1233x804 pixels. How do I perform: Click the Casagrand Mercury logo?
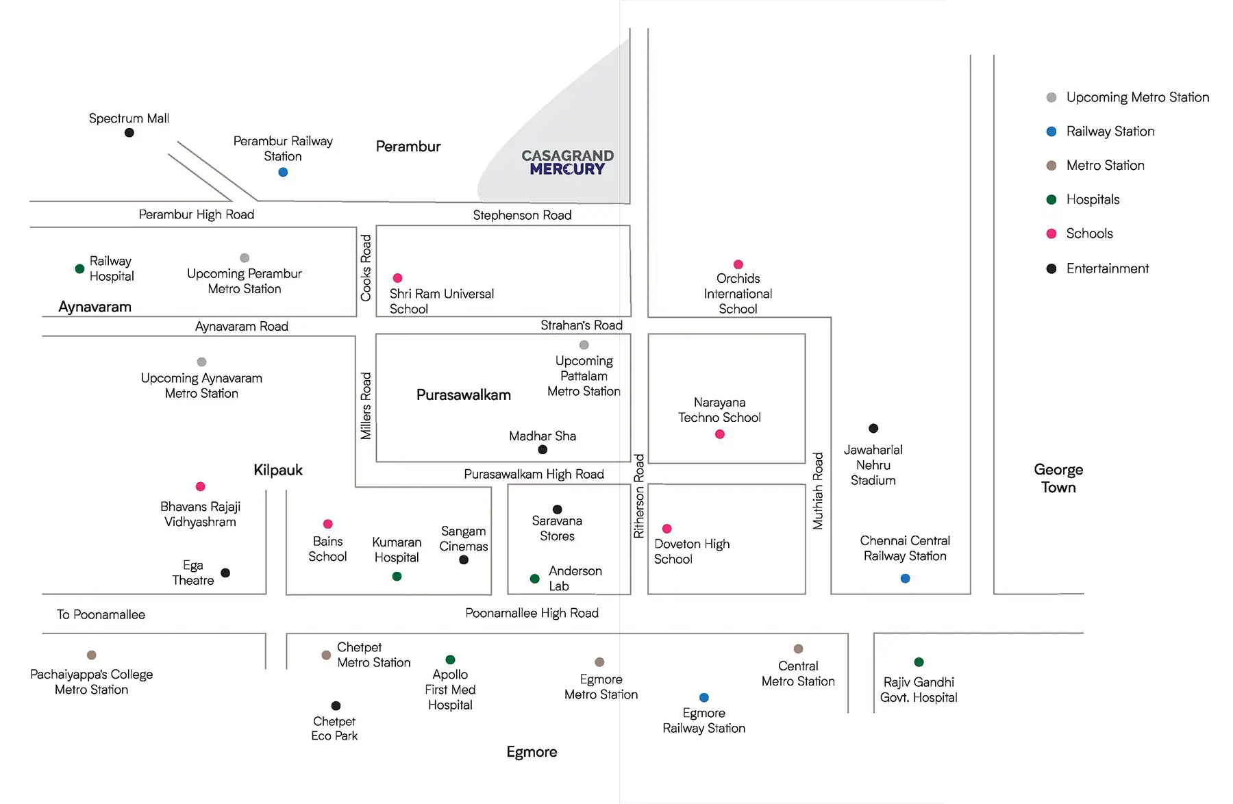pyautogui.click(x=568, y=162)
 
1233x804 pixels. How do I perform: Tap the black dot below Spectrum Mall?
pyautogui.click(x=129, y=133)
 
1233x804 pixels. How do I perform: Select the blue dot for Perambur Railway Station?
pyautogui.click(x=283, y=173)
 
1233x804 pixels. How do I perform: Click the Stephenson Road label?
pyautogui.click(x=522, y=215)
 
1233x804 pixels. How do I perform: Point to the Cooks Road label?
pyautogui.click(x=366, y=268)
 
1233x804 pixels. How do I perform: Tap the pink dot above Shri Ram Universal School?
pyautogui.click(x=397, y=278)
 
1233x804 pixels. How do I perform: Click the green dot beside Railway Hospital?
pyautogui.click(x=79, y=268)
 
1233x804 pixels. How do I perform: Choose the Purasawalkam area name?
pyautogui.click(x=464, y=395)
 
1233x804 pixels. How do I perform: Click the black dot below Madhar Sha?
pyautogui.click(x=543, y=450)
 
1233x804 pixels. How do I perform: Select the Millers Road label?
pyautogui.click(x=366, y=405)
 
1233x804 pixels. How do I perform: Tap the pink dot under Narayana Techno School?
pyautogui.click(x=720, y=434)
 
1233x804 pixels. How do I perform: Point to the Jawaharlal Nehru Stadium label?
pyautogui.click(x=873, y=465)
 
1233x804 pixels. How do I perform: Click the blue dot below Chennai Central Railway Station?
pyautogui.click(x=906, y=579)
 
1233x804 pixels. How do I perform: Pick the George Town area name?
pyautogui.click(x=1059, y=478)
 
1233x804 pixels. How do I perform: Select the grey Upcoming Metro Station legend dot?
pyautogui.click(x=1051, y=97)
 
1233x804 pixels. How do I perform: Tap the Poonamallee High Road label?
pyautogui.click(x=532, y=613)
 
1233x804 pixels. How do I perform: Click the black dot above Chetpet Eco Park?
pyautogui.click(x=336, y=706)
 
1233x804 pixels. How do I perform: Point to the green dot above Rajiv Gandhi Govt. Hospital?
pyautogui.click(x=919, y=662)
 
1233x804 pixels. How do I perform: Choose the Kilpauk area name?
pyautogui.click(x=278, y=470)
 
